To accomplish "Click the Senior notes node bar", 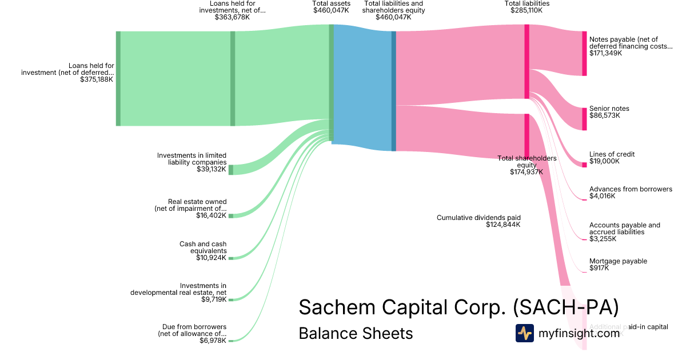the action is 584,119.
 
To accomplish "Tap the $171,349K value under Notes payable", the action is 605,53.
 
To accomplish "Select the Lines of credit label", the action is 612,154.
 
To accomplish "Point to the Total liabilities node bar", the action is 527,61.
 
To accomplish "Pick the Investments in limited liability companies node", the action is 231,170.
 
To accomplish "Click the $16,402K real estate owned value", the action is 210,215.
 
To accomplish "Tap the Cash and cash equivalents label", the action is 203,247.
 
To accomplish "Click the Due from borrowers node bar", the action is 231,341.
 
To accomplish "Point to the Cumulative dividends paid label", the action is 478,218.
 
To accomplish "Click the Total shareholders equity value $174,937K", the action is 527,171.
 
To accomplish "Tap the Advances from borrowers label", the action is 631,189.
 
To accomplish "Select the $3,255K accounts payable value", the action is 602,239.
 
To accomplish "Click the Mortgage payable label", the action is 618,261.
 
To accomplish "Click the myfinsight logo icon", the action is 524,333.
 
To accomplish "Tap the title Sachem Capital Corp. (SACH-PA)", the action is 458,307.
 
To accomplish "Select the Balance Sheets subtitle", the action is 356,333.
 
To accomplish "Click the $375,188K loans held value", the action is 97,79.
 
